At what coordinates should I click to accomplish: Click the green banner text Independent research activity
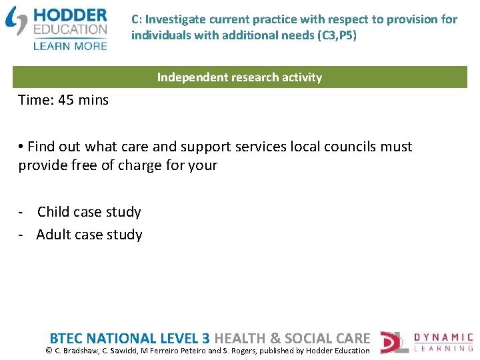pyautogui.click(x=239, y=77)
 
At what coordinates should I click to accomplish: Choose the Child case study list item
pyautogui.click(x=89, y=212)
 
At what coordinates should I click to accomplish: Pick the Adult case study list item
pyautogui.click(x=89, y=235)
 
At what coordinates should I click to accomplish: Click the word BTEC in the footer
pyautogui.click(x=67, y=338)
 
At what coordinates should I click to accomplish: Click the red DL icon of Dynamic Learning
pyautogui.click(x=393, y=342)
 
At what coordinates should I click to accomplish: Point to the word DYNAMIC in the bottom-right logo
pyautogui.click(x=443, y=338)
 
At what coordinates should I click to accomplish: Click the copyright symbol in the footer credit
pyautogui.click(x=48, y=351)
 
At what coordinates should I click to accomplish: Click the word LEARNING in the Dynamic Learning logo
pyautogui.click(x=443, y=349)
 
